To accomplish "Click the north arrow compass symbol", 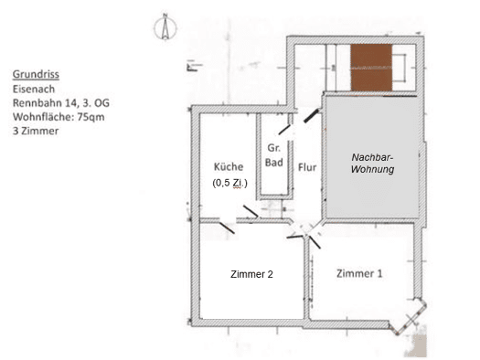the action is [x=165, y=27].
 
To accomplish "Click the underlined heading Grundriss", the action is [x=36, y=74].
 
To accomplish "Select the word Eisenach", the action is [x=34, y=89].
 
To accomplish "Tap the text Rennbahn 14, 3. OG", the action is [x=61, y=103].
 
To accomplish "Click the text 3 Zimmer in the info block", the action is [x=36, y=131].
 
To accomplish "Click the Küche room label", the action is [x=229, y=166].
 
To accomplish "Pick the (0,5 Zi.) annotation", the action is [x=229, y=183].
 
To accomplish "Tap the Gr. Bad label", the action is [x=273, y=155].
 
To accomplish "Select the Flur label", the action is [x=307, y=167].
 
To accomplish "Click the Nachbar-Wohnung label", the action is [x=372, y=163].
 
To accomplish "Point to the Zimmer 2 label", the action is [x=251, y=274].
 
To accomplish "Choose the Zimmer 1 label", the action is [x=359, y=273].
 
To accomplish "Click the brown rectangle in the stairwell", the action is [x=371, y=68].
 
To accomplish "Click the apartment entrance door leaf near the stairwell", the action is [x=312, y=115].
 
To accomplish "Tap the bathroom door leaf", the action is [x=284, y=130].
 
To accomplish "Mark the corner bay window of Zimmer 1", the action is [x=408, y=317].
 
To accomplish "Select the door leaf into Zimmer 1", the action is [x=315, y=242].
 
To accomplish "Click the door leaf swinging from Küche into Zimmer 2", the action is [x=227, y=228].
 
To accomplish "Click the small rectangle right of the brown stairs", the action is [x=400, y=68].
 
